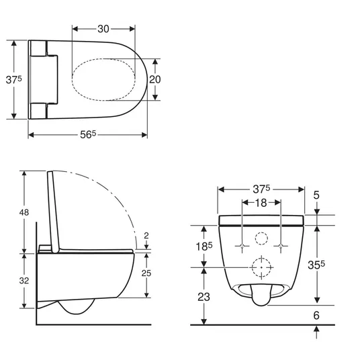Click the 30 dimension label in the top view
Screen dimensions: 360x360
103,29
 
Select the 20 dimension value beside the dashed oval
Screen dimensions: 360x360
155,79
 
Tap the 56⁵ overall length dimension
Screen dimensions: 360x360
88,134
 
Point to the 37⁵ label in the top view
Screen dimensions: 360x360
14,80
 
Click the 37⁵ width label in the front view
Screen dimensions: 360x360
261,189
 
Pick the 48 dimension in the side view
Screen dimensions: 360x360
24,213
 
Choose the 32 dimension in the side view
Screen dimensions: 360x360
24,281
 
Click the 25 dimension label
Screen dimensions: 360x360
146,273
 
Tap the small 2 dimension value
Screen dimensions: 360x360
146,236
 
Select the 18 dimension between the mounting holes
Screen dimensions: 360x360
261,203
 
